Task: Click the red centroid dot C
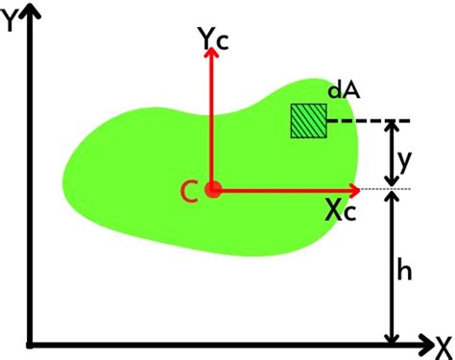click(x=213, y=190)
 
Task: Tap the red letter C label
click(x=190, y=192)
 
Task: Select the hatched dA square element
click(x=310, y=121)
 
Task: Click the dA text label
click(x=343, y=90)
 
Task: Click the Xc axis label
click(x=340, y=212)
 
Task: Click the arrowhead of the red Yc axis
click(x=213, y=53)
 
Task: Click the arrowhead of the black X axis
click(x=423, y=342)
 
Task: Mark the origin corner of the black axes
click(x=33, y=342)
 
